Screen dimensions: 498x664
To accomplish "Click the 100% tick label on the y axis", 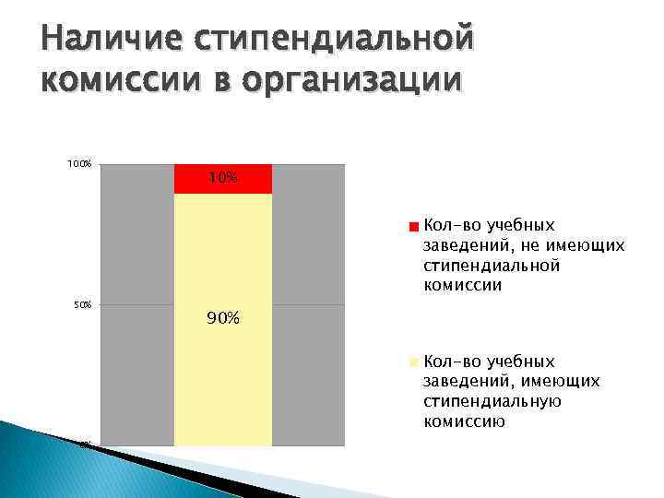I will pos(79,164).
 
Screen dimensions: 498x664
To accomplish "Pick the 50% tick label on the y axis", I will pos(82,304).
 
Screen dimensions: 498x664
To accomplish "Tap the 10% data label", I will pos(222,177).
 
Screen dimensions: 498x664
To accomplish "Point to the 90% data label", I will pos(223,319).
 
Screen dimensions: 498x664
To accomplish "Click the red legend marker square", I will pos(415,226).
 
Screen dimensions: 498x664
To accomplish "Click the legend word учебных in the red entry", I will pos(521,225).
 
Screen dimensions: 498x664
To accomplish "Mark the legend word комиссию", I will pos(463,421).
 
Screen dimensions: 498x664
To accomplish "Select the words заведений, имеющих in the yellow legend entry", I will pos(511,381).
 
